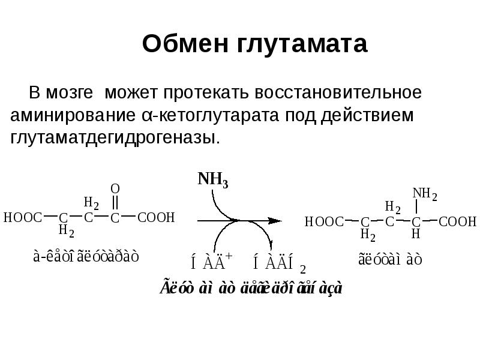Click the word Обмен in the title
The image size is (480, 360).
(182, 44)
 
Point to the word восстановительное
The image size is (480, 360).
(338, 93)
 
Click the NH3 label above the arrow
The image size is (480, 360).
(212, 180)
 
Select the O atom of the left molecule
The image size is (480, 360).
(115, 188)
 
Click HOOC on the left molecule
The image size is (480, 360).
(23, 217)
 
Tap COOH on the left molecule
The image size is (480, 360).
(156, 217)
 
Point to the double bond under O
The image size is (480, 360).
(115, 202)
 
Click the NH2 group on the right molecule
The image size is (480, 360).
(425, 194)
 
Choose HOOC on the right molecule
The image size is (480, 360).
(325, 222)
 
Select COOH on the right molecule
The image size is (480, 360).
(457, 222)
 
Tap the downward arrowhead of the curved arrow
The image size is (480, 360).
(271, 247)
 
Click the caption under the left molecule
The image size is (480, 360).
(86, 256)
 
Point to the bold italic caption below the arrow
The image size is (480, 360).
(251, 288)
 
